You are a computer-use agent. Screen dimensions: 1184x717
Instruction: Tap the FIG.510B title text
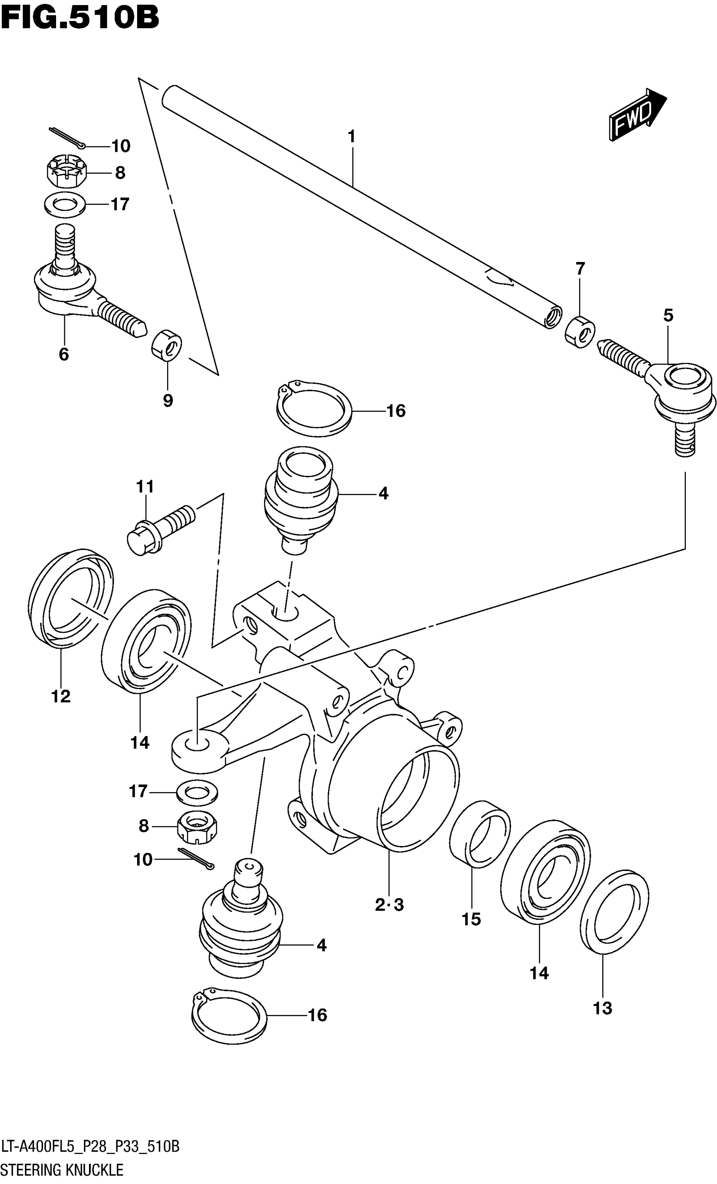pyautogui.click(x=80, y=18)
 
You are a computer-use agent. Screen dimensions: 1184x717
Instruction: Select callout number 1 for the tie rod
pyautogui.click(x=351, y=137)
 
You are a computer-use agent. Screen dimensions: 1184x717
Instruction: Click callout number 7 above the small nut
pyautogui.click(x=580, y=269)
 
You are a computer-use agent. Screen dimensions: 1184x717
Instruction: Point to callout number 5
pyautogui.click(x=668, y=315)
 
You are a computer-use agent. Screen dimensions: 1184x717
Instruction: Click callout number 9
pyautogui.click(x=168, y=400)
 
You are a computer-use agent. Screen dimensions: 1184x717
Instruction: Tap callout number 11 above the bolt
pyautogui.click(x=145, y=486)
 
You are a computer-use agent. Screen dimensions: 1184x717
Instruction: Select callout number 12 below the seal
pyautogui.click(x=61, y=696)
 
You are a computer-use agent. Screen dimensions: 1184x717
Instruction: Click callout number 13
pyautogui.click(x=603, y=1008)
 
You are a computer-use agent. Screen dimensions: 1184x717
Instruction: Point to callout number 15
pyautogui.click(x=471, y=919)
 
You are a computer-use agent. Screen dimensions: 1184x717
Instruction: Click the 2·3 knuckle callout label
pyautogui.click(x=389, y=905)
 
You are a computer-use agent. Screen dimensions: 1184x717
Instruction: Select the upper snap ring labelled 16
pyautogui.click(x=314, y=409)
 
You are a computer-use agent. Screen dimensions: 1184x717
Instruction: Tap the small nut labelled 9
pyautogui.click(x=167, y=344)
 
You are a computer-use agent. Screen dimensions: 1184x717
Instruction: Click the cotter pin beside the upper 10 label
pyautogui.click(x=67, y=138)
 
